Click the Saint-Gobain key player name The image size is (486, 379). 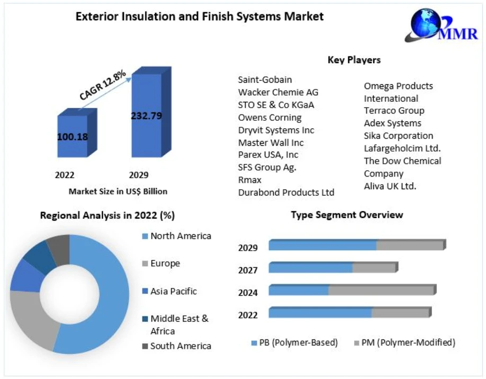[265, 80]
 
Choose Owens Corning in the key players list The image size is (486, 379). [269, 117]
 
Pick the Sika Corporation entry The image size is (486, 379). [398, 136]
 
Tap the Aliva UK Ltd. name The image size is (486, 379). [390, 186]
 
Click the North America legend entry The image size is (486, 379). [180, 236]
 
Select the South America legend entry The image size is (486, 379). [180, 346]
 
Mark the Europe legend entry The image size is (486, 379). [165, 263]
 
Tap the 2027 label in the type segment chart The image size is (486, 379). [248, 270]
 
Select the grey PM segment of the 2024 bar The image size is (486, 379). [381, 290]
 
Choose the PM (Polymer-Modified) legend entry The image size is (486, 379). [407, 342]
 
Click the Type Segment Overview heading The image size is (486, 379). [347, 215]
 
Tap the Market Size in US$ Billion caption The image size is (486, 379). [118, 191]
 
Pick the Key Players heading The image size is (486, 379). [354, 60]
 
